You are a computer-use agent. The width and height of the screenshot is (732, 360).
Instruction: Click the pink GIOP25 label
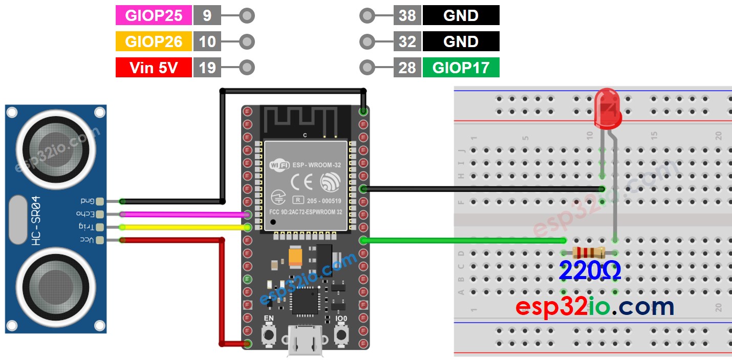[154, 15]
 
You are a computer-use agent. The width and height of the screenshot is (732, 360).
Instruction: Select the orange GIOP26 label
[154, 41]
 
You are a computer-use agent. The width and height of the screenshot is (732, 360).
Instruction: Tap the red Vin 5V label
[154, 68]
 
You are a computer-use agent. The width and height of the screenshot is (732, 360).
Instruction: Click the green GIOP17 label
[461, 68]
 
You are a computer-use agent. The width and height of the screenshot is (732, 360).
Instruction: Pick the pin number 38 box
[407, 15]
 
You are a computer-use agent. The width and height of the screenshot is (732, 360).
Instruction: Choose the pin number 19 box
[207, 68]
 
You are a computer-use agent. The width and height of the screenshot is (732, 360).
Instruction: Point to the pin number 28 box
[407, 68]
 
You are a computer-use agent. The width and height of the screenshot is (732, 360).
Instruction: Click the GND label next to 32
[461, 41]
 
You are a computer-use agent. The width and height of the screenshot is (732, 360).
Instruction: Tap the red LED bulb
[608, 108]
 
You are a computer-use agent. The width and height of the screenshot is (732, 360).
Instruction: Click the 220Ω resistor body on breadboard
[589, 252]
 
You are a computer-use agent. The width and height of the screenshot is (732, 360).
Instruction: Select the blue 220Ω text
[590, 271]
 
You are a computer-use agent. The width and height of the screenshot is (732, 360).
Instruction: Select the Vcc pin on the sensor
[99, 240]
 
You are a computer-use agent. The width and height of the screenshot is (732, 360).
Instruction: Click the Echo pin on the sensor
[99, 214]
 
